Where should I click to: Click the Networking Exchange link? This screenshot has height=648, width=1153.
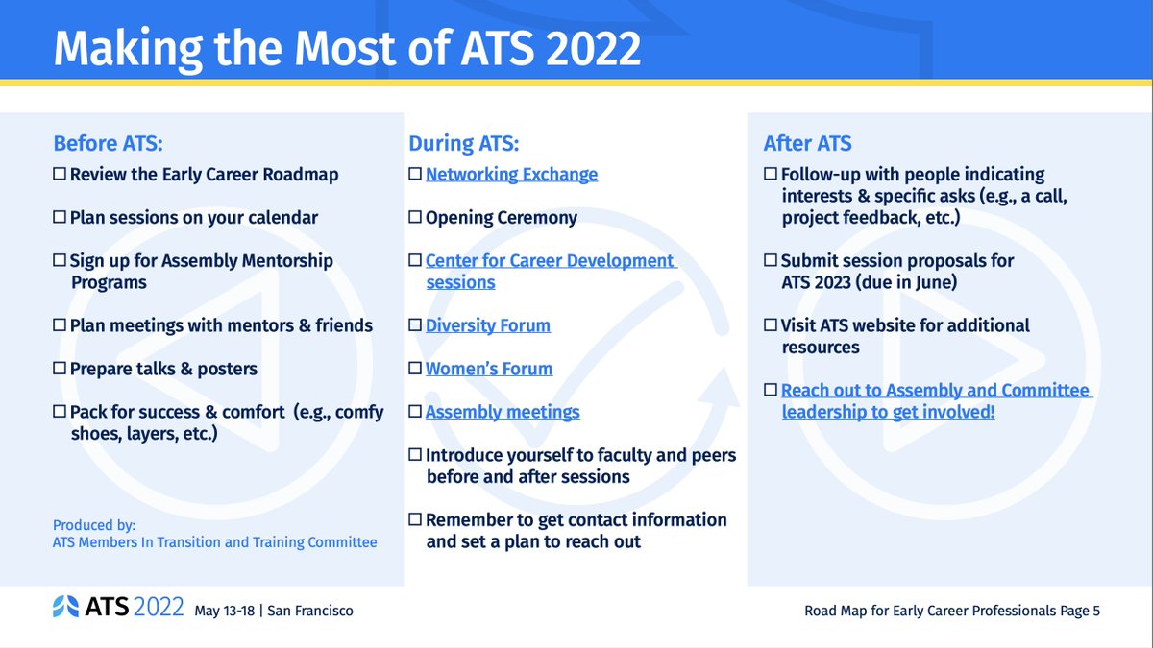pos(511,175)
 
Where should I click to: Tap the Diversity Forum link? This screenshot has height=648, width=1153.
pos(488,325)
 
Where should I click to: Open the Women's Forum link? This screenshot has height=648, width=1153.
pos(489,369)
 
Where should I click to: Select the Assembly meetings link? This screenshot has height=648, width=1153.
pos(503,412)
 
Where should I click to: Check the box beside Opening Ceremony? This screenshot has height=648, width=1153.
pos(415,217)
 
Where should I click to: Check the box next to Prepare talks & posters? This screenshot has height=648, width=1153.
pos(60,369)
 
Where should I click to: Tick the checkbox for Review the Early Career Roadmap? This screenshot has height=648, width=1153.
pos(60,175)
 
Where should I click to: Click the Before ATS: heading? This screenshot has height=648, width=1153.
pos(108,144)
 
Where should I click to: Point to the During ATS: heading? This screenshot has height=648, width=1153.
pos(463,144)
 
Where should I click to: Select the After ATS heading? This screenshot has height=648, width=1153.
pos(807,144)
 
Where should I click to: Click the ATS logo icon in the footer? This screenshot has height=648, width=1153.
pos(66,607)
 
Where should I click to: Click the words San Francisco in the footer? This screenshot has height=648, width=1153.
pos(309,611)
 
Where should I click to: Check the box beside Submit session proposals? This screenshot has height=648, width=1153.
pos(771,260)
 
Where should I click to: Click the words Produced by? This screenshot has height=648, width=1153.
pos(94,525)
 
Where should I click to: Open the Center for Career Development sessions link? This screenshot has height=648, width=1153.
pos(550,261)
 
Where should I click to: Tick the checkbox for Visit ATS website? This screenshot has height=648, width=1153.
pos(771,325)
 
